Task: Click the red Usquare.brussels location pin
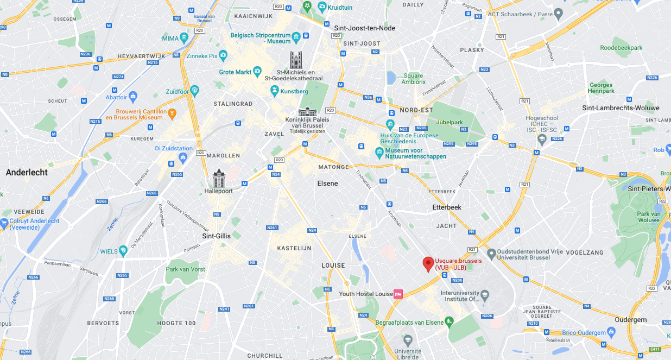click(428, 263)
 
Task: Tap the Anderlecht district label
click(27, 172)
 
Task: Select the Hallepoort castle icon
click(219, 178)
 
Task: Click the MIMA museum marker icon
click(184, 37)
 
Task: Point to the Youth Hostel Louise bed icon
click(398, 294)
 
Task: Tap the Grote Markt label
click(235, 72)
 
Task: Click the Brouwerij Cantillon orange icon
click(172, 113)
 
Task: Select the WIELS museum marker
click(123, 250)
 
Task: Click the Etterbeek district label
click(446, 207)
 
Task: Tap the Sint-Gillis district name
click(216, 236)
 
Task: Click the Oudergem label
click(631, 320)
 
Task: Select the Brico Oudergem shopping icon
click(611, 332)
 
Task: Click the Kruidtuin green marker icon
click(322, 7)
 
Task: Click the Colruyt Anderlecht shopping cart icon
click(4, 222)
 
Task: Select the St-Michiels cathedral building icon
click(296, 60)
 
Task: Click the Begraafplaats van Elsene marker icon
click(449, 321)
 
